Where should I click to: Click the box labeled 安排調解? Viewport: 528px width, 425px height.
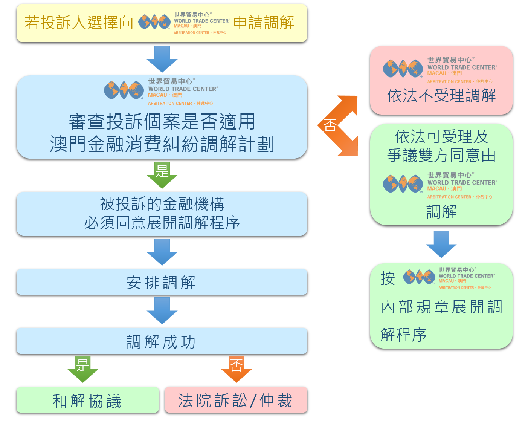click(x=162, y=282)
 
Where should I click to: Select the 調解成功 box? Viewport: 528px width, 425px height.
click(x=162, y=341)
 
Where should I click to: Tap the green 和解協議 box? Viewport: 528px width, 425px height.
click(x=87, y=400)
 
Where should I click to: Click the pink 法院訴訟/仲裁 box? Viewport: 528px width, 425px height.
click(x=236, y=400)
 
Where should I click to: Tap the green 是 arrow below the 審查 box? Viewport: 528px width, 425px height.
click(x=162, y=175)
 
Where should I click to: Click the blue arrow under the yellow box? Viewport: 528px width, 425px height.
click(x=162, y=59)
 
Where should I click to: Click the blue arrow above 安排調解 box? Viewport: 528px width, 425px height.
click(x=162, y=252)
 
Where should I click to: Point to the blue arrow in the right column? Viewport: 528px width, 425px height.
click(x=441, y=244)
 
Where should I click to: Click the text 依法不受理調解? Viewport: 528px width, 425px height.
click(x=441, y=96)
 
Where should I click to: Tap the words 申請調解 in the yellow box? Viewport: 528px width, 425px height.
click(x=264, y=23)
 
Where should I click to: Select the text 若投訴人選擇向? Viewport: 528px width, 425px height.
click(x=79, y=23)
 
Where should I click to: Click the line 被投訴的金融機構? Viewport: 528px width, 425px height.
click(x=162, y=204)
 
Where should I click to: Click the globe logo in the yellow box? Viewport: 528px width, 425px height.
click(x=154, y=22)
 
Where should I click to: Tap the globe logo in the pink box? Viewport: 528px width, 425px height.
click(x=403, y=69)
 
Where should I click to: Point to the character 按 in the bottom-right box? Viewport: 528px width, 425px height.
click(x=388, y=279)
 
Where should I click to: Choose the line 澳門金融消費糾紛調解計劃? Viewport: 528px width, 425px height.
click(x=162, y=144)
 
